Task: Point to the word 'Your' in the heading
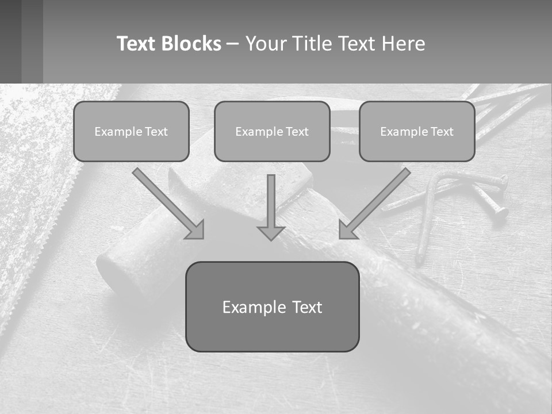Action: click(266, 44)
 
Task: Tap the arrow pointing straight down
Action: click(271, 207)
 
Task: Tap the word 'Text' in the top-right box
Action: click(442, 132)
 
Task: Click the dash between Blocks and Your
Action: click(233, 44)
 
